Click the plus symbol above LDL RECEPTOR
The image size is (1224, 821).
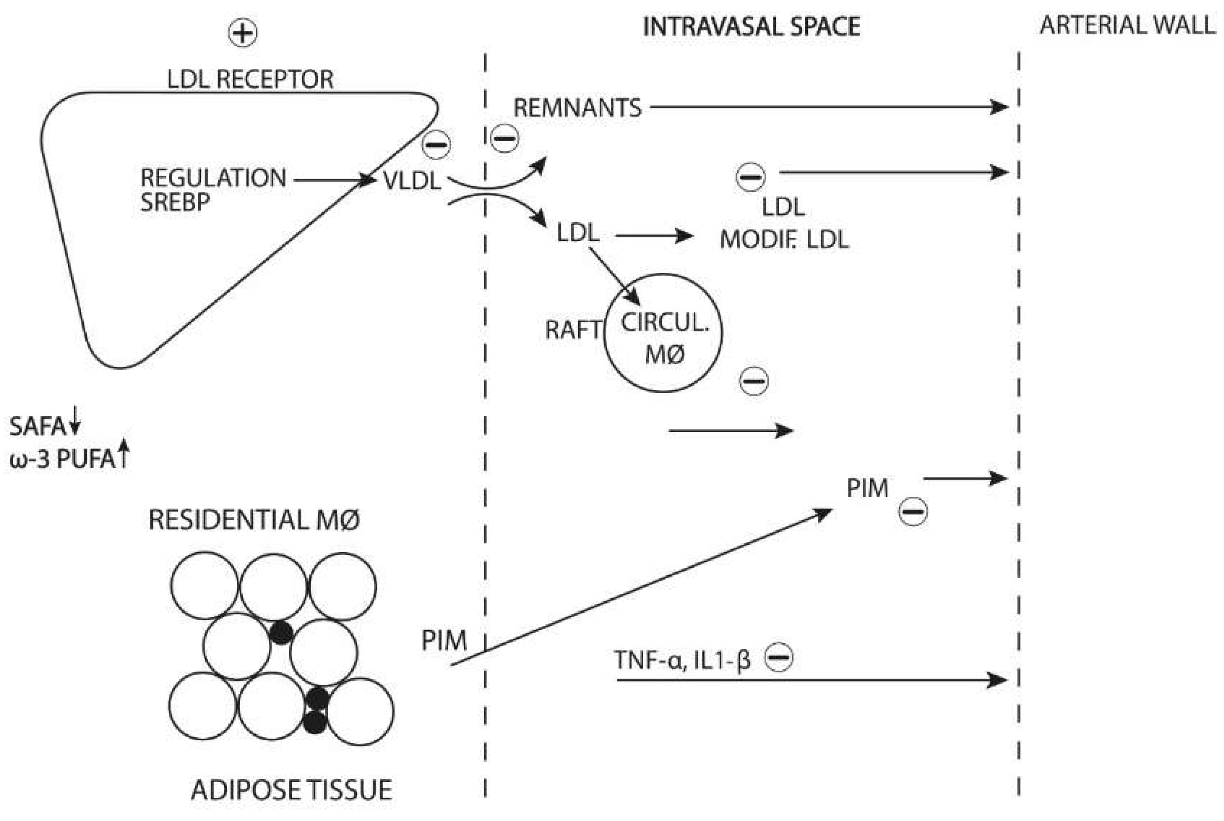pyautogui.click(x=242, y=34)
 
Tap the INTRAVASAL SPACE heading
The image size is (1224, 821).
pyautogui.click(x=751, y=27)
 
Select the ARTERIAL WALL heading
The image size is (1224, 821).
pyautogui.click(x=1127, y=25)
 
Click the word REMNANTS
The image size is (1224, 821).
pyautogui.click(x=577, y=108)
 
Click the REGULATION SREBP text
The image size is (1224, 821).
pyautogui.click(x=212, y=190)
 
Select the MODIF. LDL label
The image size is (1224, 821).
pyautogui.click(x=784, y=240)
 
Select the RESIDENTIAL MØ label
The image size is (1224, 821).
pyautogui.click(x=254, y=520)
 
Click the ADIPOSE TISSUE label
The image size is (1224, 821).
pyautogui.click(x=291, y=790)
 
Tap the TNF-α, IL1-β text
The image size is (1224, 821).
pyautogui.click(x=682, y=660)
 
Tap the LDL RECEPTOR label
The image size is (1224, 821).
pyautogui.click(x=250, y=80)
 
